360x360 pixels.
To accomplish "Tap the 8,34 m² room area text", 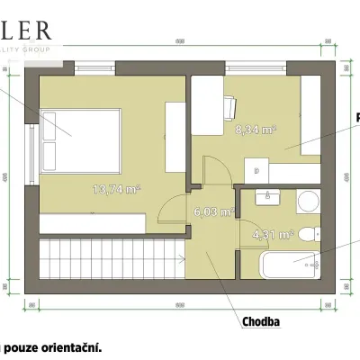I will tap(256, 130).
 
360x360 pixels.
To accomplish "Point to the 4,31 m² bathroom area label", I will tap(274, 235).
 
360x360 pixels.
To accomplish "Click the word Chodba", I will tap(259, 320).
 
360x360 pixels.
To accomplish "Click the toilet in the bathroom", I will tap(309, 235).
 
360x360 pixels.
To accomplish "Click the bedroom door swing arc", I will tap(167, 209).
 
